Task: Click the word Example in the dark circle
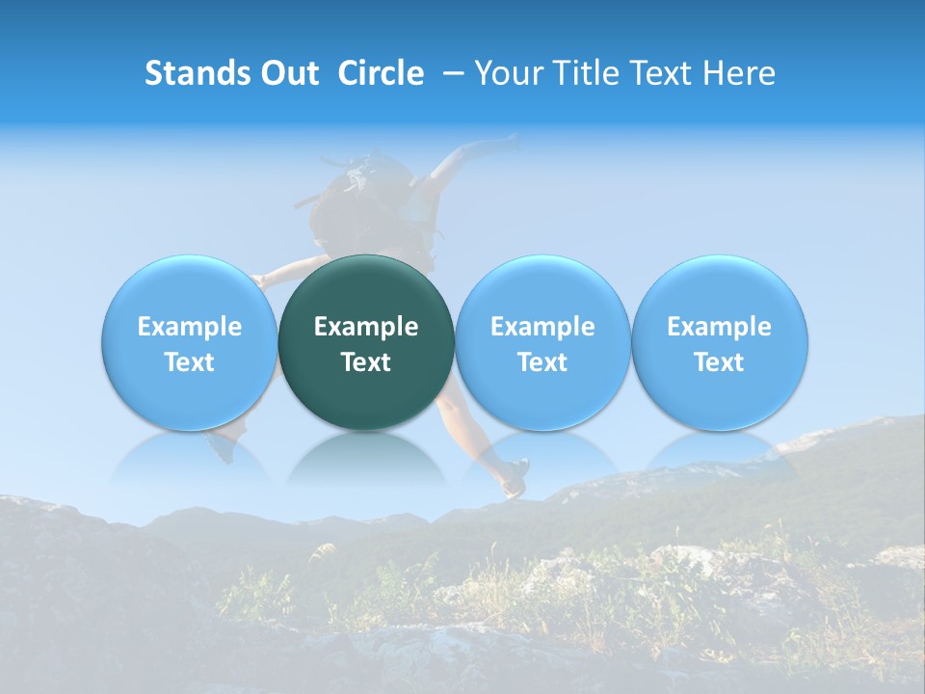(366, 327)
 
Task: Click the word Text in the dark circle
(366, 362)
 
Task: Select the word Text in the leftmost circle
(190, 362)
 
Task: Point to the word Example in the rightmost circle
(720, 327)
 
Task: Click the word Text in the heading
(672, 73)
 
